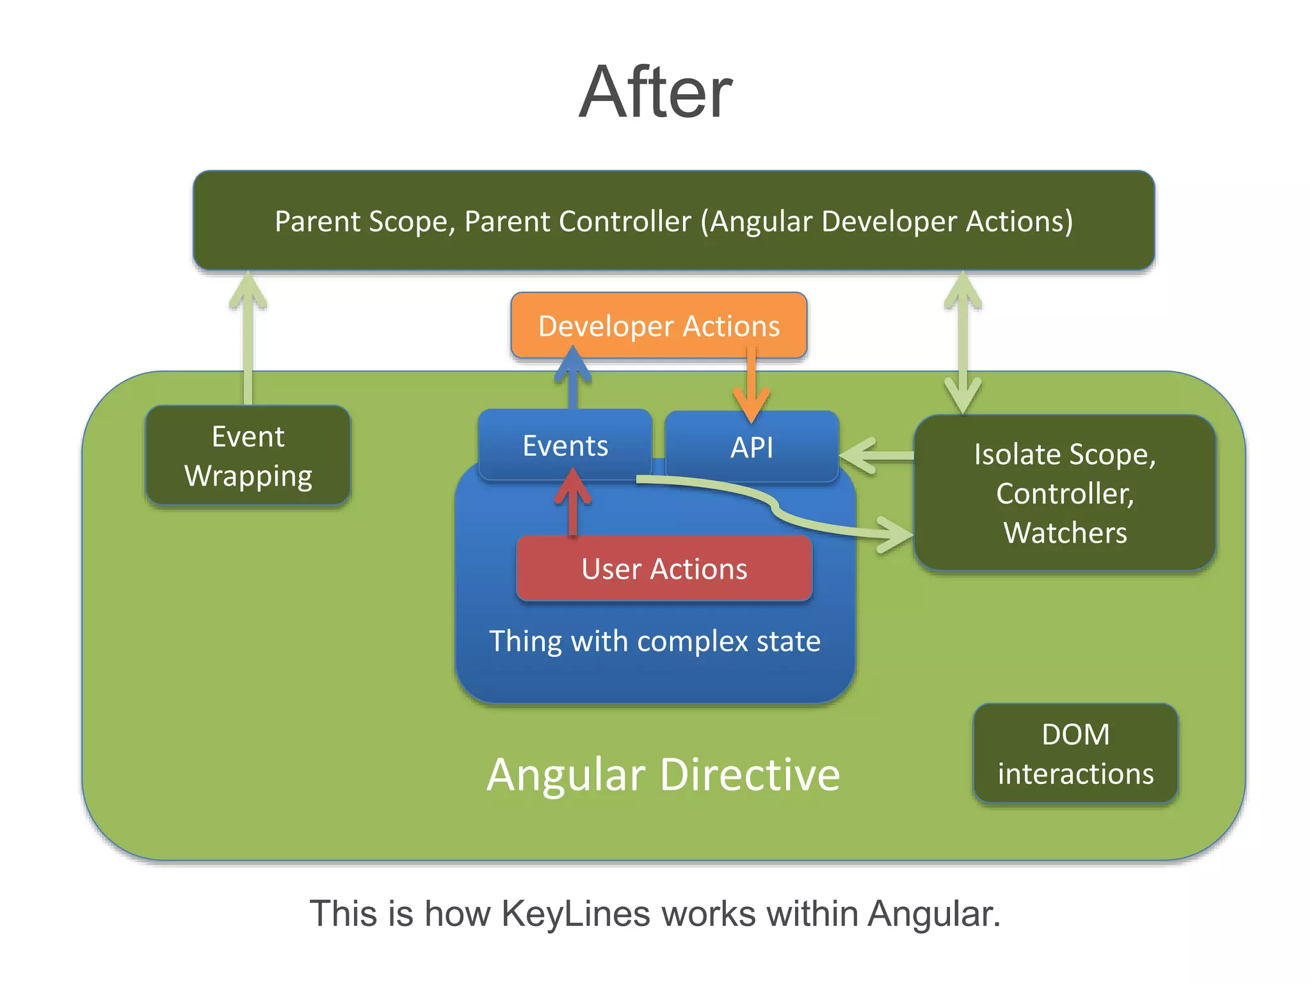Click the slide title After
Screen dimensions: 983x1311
click(x=655, y=93)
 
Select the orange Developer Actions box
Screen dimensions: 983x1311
click(x=659, y=326)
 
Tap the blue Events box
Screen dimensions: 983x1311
click(x=565, y=445)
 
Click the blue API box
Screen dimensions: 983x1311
click(x=752, y=447)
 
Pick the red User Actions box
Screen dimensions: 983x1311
click(x=664, y=568)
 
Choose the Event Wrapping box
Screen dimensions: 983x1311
click(x=248, y=456)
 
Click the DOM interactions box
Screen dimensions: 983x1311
click(x=1075, y=753)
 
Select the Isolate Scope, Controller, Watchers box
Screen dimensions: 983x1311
click(x=1065, y=493)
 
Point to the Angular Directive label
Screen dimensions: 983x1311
click(x=663, y=774)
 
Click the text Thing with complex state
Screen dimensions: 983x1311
click(x=654, y=641)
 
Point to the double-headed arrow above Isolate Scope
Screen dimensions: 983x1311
click(x=963, y=342)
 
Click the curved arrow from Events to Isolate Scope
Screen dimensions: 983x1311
click(x=775, y=506)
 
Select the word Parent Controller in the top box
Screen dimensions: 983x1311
click(x=578, y=221)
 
